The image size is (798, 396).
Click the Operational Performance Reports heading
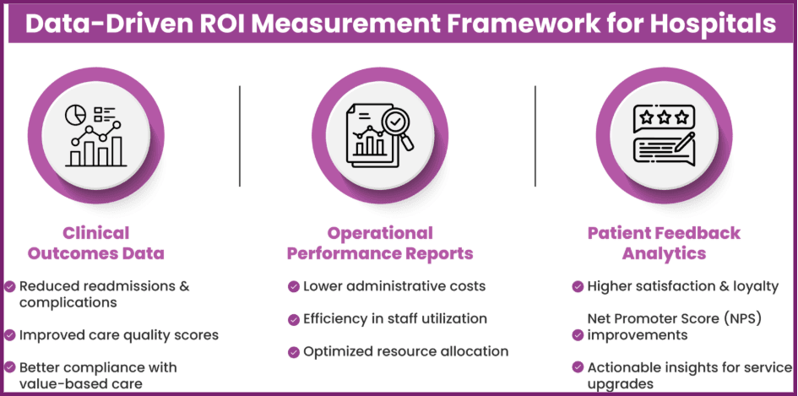[380, 243]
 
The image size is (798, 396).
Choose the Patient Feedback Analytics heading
[664, 243]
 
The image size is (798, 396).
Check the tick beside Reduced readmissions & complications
[10, 286]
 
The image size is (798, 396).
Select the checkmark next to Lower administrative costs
[293, 286]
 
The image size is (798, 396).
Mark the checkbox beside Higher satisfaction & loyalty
[578, 286]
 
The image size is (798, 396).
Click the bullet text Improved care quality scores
[119, 335]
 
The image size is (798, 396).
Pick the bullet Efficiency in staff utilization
[395, 319]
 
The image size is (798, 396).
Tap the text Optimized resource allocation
[405, 351]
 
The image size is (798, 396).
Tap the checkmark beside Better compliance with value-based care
[10, 367]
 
